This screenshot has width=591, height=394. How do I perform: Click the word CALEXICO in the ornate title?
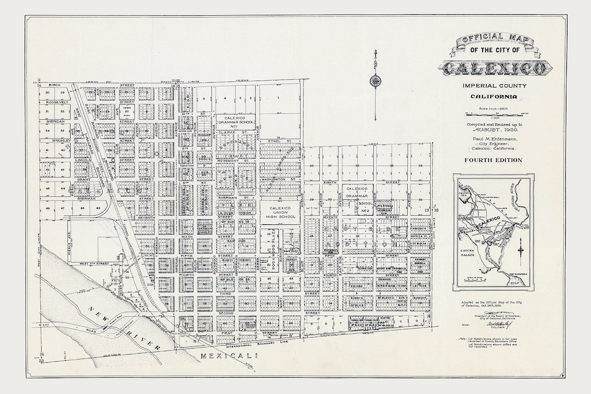coord(494,68)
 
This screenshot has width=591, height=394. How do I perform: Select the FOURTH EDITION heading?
coord(493,160)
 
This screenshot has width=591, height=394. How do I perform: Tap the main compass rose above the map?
coord(375,81)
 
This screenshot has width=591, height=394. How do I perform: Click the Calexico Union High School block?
coord(279,211)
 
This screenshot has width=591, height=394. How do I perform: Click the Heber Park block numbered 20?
coord(126,111)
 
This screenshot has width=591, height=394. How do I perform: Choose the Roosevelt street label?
coord(56,102)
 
